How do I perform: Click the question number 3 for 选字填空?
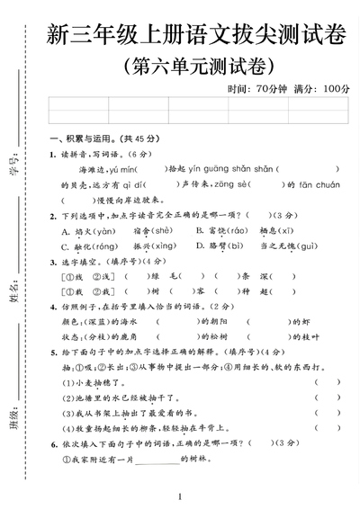pos(52,261)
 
